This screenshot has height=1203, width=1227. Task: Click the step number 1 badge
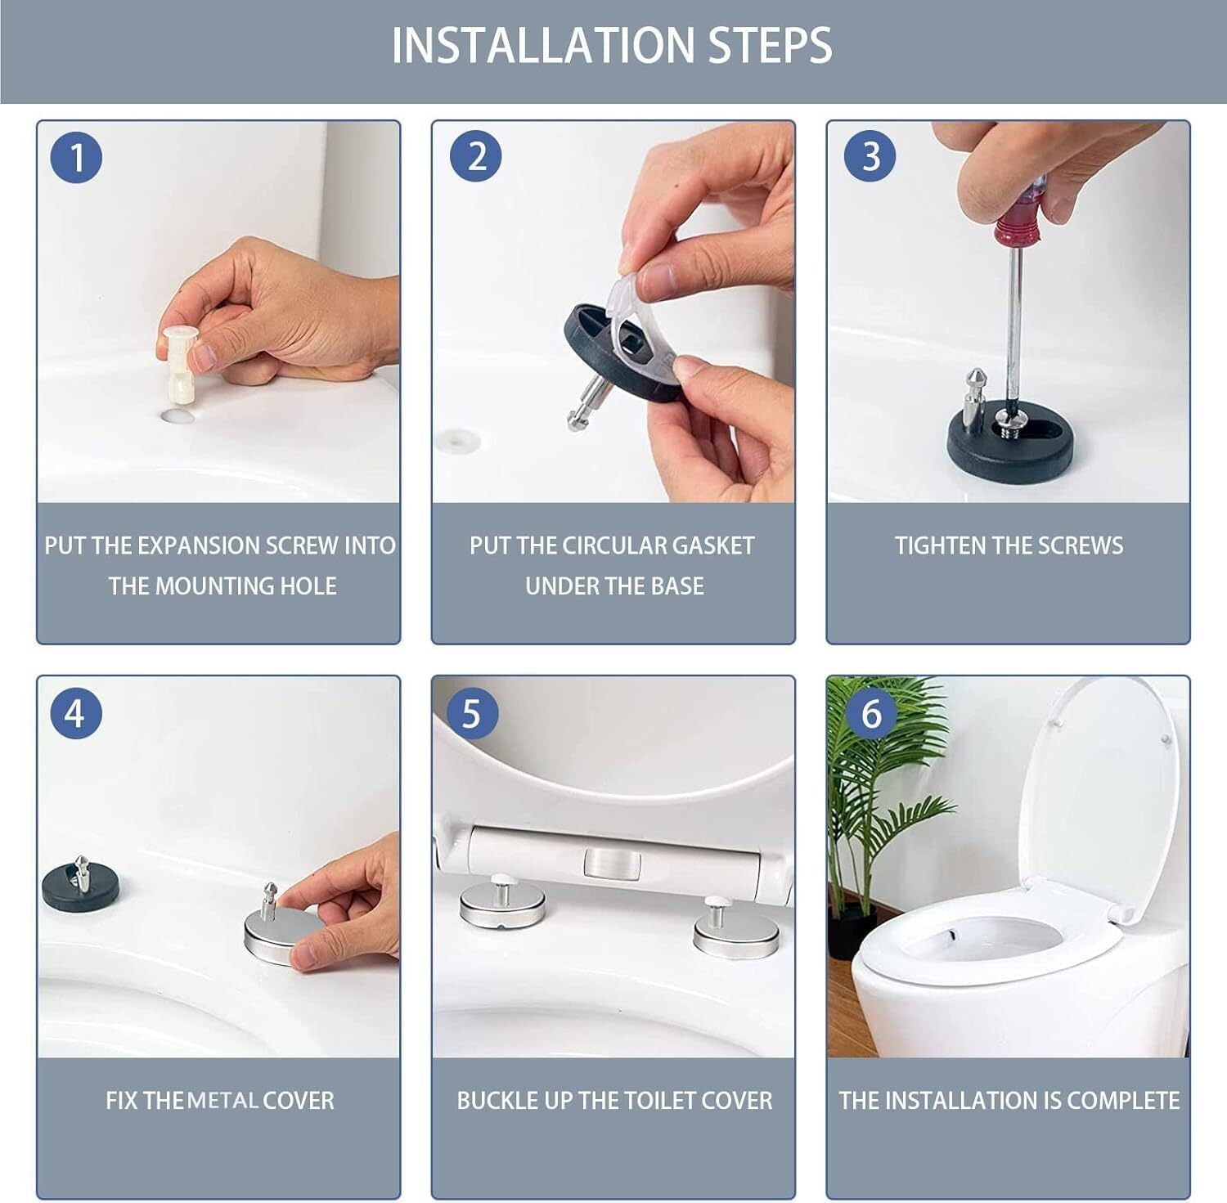click(x=76, y=156)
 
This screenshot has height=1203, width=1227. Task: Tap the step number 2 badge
click(x=477, y=156)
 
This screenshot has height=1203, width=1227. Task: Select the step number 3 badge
click(x=870, y=156)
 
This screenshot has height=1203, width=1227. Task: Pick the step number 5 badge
click(x=471, y=713)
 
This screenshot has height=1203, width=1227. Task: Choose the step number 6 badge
click(x=872, y=713)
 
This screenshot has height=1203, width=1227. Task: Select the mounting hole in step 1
click(x=178, y=415)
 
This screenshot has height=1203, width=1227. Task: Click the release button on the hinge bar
click(x=611, y=864)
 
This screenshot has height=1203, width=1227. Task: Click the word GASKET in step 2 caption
click(x=712, y=545)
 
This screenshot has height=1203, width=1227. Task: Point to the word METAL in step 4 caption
click(x=222, y=1101)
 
